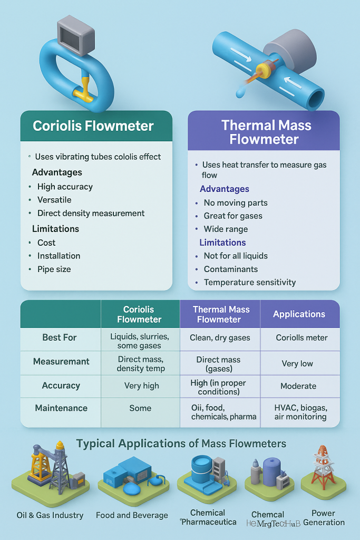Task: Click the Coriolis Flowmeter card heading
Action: tap(93, 126)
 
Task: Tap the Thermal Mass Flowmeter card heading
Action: tap(266, 132)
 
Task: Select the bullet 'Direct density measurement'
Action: tap(91, 214)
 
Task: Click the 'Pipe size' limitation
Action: tap(54, 269)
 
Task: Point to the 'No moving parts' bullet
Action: tap(236, 202)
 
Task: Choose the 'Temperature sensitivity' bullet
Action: tap(249, 282)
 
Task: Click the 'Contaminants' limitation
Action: tap(230, 269)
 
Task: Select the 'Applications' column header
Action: tap(299, 314)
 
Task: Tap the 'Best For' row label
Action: tap(60, 337)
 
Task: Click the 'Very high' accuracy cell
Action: tap(141, 385)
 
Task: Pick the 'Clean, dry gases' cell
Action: tap(220, 337)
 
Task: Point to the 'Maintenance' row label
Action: tap(61, 408)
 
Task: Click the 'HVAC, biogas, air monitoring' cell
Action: tap(300, 412)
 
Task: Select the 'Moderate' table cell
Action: tap(298, 386)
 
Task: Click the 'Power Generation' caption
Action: tap(324, 517)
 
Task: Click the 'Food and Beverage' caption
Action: tap(132, 515)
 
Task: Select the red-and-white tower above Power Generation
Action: tap(323, 467)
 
